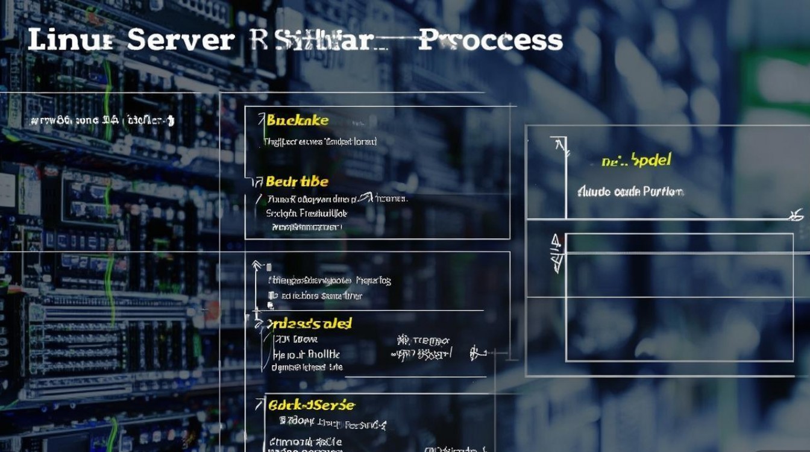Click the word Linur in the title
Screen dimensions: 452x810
[x=71, y=40]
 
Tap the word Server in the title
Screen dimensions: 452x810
[x=181, y=40]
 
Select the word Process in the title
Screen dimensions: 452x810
[x=490, y=40]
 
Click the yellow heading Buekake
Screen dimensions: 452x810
[x=298, y=121]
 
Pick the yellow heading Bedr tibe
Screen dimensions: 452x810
[x=297, y=181]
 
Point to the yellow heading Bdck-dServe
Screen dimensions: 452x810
[x=312, y=405]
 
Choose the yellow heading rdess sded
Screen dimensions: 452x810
[x=310, y=324]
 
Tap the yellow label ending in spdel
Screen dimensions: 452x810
[x=636, y=161]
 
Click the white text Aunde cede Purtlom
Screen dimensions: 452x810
[x=630, y=192]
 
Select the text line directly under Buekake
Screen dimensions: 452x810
[x=320, y=142]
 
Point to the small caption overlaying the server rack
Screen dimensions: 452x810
[x=102, y=121]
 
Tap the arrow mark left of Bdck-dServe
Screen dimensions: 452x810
[x=260, y=403]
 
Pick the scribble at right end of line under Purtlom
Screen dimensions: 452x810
[x=797, y=215]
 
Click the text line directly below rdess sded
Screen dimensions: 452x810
[x=297, y=340]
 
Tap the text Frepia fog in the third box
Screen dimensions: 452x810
[x=373, y=280]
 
